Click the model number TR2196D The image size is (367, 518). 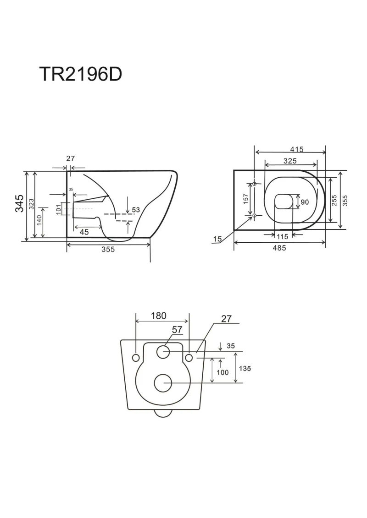(81, 74)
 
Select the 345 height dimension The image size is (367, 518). (20, 203)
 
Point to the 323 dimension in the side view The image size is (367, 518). (31, 204)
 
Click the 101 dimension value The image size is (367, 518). (59, 209)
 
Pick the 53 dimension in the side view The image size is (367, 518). (136, 210)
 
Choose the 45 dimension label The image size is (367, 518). (84, 232)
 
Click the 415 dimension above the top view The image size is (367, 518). (297, 149)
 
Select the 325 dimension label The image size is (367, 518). (290, 161)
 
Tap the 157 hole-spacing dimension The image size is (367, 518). (246, 199)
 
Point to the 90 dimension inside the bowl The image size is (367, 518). (305, 202)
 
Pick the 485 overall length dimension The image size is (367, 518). (279, 248)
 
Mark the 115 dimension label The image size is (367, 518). (282, 236)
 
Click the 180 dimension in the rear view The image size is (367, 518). (159, 316)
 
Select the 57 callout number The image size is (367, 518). (178, 329)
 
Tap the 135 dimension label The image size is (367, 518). (245, 368)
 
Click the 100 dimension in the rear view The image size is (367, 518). (222, 372)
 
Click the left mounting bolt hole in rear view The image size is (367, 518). (136, 357)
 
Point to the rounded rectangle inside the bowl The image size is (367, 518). (284, 202)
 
